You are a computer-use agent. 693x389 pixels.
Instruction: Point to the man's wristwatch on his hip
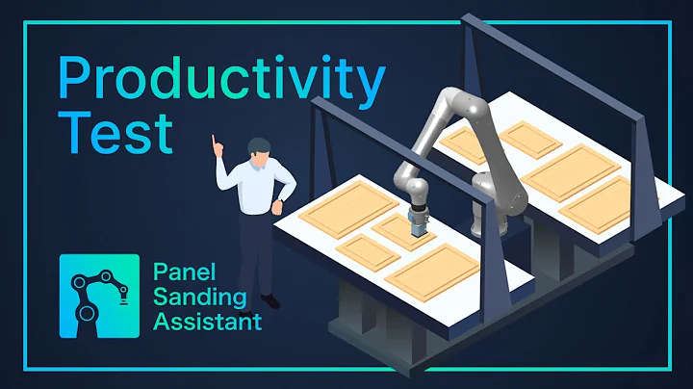point(279,201)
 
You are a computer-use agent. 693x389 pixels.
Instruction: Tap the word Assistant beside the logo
point(207,321)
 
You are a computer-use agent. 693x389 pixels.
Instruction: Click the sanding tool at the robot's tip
point(418,223)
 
